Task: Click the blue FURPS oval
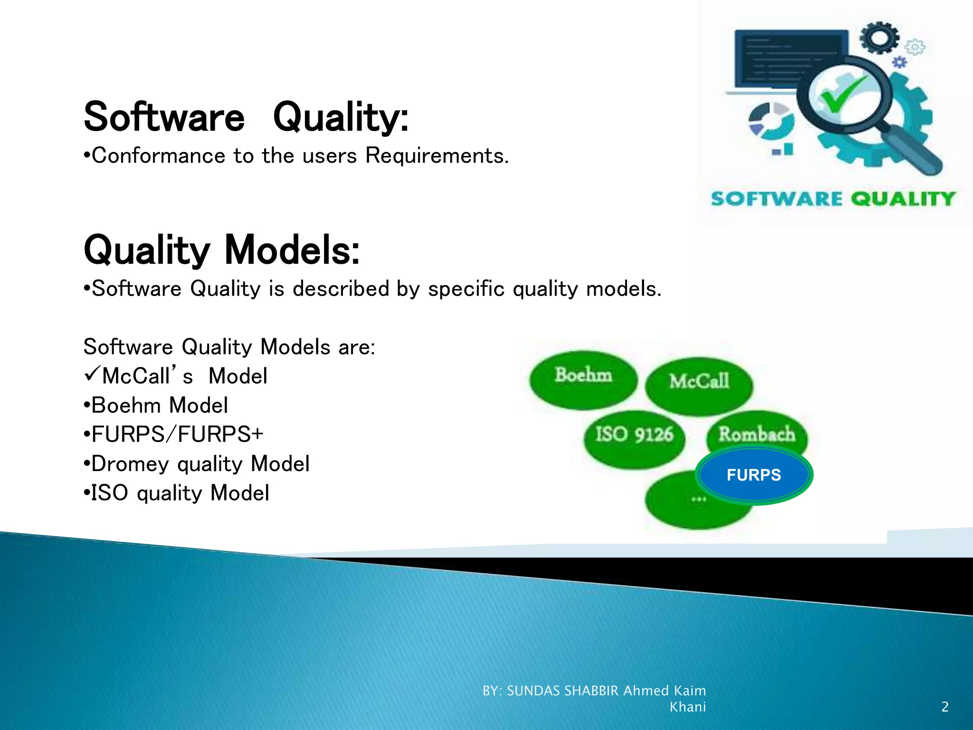[x=754, y=475]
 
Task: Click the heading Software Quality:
[x=246, y=117]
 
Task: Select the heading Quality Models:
[x=221, y=250]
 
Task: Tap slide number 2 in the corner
[x=944, y=707]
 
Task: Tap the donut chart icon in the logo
[x=771, y=121]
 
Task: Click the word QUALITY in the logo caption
[x=902, y=199]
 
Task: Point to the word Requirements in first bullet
[x=436, y=156]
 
